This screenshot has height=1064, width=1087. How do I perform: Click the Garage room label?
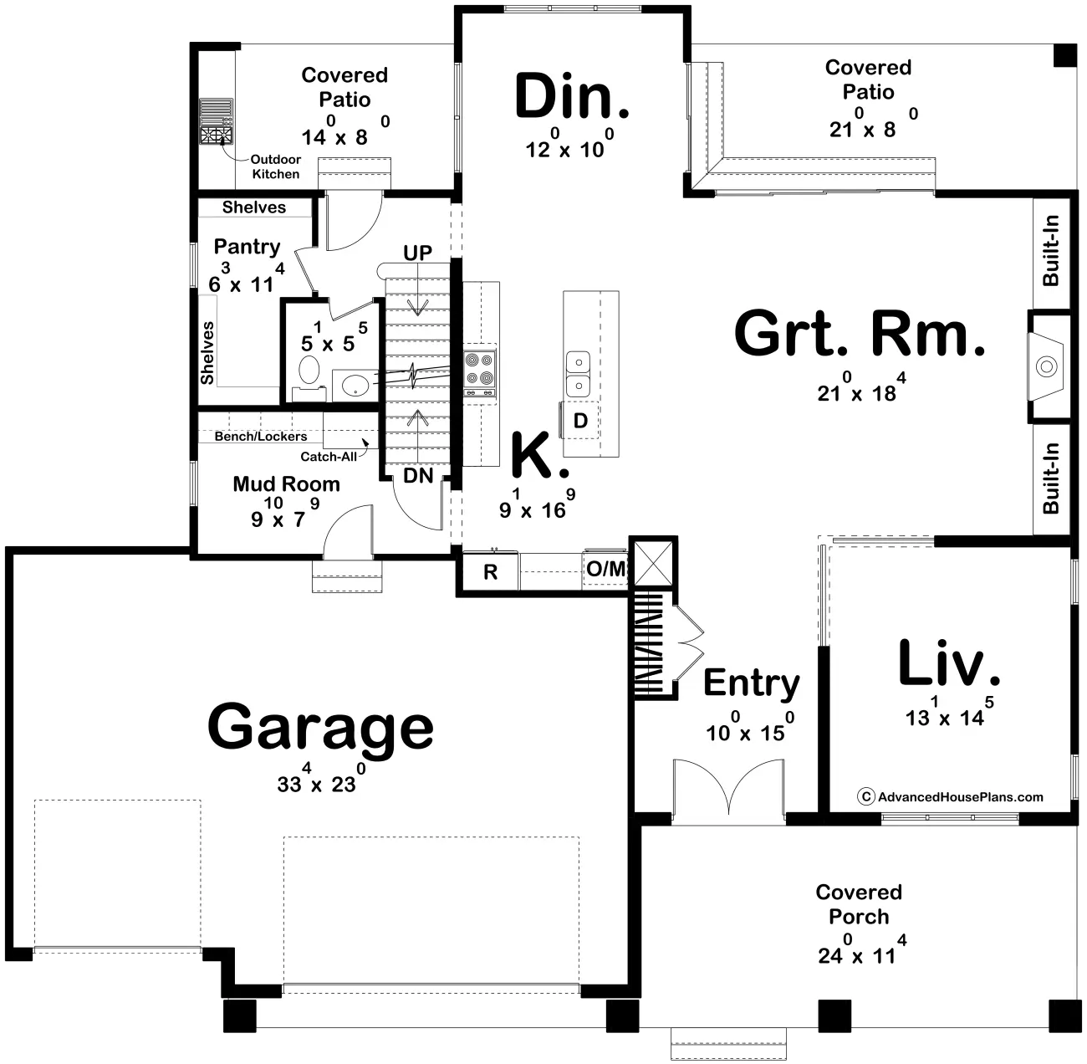click(x=320, y=727)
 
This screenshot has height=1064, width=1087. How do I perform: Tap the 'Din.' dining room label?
click(x=572, y=97)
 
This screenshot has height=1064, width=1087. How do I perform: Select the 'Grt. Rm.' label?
click(x=860, y=334)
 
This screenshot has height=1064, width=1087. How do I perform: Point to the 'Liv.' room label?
click(x=948, y=665)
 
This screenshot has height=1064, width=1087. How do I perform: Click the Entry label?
click(x=751, y=683)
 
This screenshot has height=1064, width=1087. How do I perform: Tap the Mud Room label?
click(x=286, y=483)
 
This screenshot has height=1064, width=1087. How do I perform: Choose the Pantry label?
click(x=247, y=247)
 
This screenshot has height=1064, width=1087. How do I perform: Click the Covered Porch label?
click(x=859, y=904)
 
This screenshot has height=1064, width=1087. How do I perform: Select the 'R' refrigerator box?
click(x=491, y=572)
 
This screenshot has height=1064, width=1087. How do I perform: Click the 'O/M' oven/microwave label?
click(x=606, y=570)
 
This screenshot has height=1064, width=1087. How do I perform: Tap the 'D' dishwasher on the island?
click(x=580, y=420)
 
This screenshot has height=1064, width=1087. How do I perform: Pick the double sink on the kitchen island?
click(x=577, y=374)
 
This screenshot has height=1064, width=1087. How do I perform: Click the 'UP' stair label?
click(x=418, y=253)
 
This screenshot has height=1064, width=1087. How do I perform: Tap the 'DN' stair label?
click(x=418, y=476)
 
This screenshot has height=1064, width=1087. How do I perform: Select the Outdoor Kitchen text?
click(x=276, y=166)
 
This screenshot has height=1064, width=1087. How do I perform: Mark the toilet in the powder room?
click(x=309, y=370)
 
